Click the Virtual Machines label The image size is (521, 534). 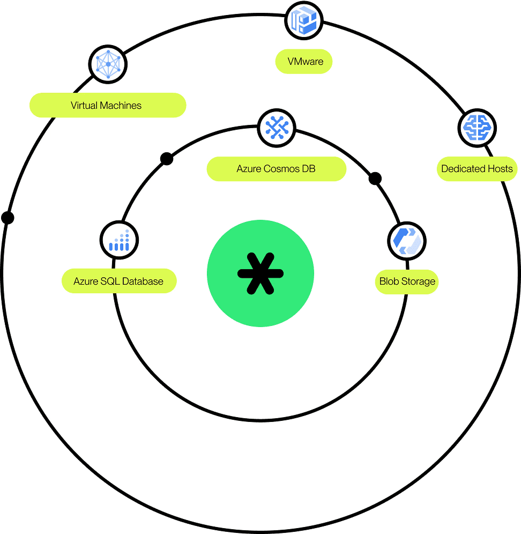[x=107, y=106]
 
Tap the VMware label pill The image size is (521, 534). [x=304, y=62]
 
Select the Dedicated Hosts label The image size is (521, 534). [x=477, y=169]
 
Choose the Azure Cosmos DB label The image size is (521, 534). [x=276, y=169]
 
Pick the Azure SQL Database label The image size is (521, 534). [x=119, y=281]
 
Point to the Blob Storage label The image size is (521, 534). [x=407, y=281]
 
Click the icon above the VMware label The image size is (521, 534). [x=303, y=21]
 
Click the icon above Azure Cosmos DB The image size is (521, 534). [x=277, y=128]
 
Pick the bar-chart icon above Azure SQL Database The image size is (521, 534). [x=119, y=241]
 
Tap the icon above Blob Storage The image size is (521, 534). [x=406, y=241]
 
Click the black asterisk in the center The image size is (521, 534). [x=260, y=273]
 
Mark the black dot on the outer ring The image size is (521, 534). [x=8, y=218]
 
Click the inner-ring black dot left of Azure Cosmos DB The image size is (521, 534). [x=167, y=159]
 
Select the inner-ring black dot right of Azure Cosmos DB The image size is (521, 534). [x=375, y=179]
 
